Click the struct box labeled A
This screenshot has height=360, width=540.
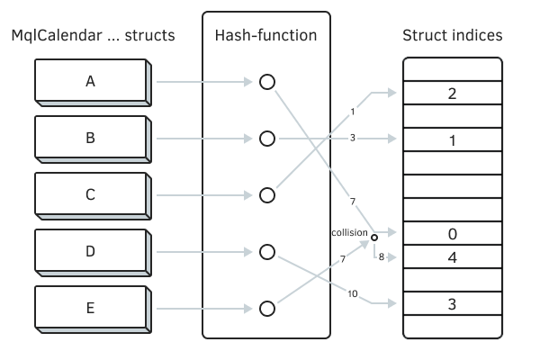(90, 82)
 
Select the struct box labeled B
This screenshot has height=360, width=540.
(90, 139)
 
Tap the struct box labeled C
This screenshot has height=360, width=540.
(90, 195)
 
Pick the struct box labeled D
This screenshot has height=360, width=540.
(90, 252)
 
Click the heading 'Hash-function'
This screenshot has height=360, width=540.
(266, 36)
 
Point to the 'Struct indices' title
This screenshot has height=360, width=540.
(452, 36)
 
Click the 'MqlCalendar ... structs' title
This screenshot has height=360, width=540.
(93, 36)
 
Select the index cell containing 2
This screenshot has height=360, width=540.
(452, 94)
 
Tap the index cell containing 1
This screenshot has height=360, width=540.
(452, 139)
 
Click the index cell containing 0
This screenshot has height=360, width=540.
(452, 234)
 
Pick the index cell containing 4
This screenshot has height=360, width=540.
(452, 256)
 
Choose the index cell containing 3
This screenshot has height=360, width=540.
(452, 303)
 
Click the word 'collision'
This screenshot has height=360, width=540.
(349, 232)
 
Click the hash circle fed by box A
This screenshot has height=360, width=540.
(266, 82)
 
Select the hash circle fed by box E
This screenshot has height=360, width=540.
(266, 309)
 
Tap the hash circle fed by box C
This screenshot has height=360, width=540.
(266, 195)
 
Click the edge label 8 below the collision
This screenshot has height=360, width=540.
(382, 256)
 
